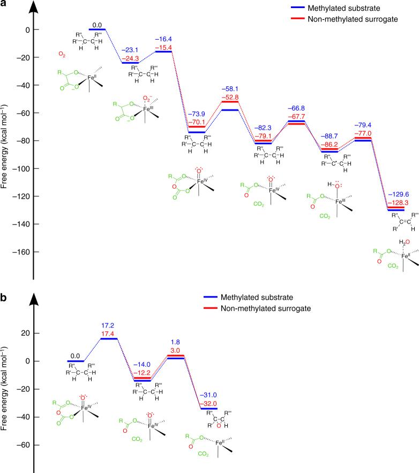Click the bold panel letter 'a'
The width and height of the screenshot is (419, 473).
coord(4,5)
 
